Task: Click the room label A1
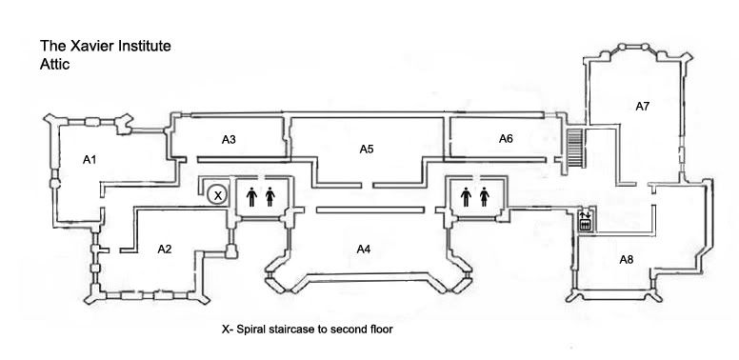pyautogui.click(x=90, y=160)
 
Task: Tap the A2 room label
pyautogui.click(x=164, y=250)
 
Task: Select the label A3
pyautogui.click(x=229, y=139)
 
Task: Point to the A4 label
pyautogui.click(x=364, y=250)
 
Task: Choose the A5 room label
pyautogui.click(x=367, y=150)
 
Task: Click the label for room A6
pyautogui.click(x=506, y=138)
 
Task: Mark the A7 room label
pyautogui.click(x=643, y=107)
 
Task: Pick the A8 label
pyautogui.click(x=627, y=260)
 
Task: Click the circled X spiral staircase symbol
pyautogui.click(x=217, y=194)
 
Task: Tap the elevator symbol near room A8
pyautogui.click(x=585, y=221)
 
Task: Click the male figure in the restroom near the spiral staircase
pyautogui.click(x=251, y=197)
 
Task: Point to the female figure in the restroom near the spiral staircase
pyautogui.click(x=270, y=197)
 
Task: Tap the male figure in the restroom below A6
pyautogui.click(x=466, y=197)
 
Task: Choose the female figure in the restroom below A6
pyautogui.click(x=485, y=197)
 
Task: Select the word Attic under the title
pyautogui.click(x=54, y=64)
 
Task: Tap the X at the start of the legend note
pyautogui.click(x=226, y=330)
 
